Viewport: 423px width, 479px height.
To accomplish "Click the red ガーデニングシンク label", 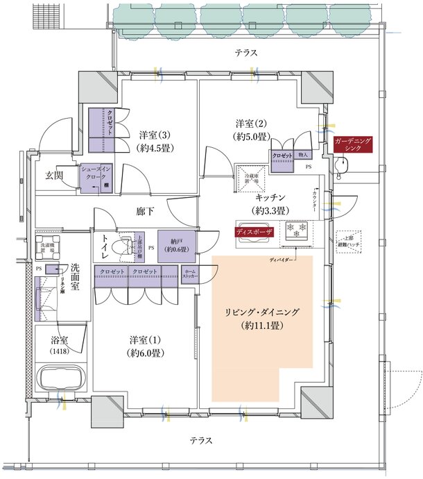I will pyautogui.click(x=354, y=145).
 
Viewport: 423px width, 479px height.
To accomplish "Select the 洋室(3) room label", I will pyautogui.click(x=156, y=141).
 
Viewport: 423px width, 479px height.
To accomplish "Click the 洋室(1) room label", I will pyautogui.click(x=146, y=346).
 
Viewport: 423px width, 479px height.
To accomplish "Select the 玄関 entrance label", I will pyautogui.click(x=55, y=176).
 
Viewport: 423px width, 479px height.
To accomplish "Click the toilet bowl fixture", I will pyautogui.click(x=126, y=245).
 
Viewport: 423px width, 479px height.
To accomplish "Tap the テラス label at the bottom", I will pyautogui.click(x=202, y=441).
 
